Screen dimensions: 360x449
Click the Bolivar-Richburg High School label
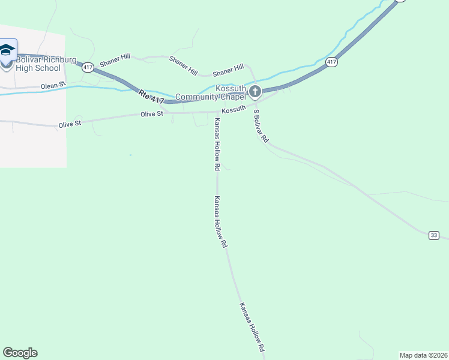point(30,64)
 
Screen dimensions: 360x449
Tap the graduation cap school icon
point(7,50)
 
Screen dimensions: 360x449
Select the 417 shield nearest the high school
point(88,67)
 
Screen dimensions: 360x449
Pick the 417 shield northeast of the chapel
point(331,62)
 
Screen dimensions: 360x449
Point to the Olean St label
point(53,86)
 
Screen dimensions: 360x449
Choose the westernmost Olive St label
point(70,125)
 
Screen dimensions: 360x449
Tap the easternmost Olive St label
point(152,114)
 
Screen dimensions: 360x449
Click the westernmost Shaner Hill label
point(115,62)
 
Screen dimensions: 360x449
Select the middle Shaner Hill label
point(183,65)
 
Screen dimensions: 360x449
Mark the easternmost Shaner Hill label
point(231,68)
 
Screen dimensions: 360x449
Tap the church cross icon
point(255,92)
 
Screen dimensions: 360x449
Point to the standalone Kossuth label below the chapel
point(234,110)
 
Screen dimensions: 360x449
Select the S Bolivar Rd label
point(261,125)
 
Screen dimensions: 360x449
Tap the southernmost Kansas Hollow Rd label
point(253,327)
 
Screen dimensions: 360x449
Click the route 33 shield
point(433,235)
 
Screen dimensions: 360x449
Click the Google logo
point(20,353)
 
